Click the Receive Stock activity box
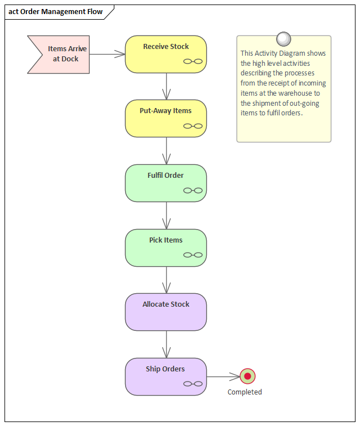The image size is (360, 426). pyautogui.click(x=166, y=54)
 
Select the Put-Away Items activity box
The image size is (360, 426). pyautogui.click(x=166, y=118)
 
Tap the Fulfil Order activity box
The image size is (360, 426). pyautogui.click(x=166, y=183)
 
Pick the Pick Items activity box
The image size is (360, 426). pyautogui.click(x=166, y=248)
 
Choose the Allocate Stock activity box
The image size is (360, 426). pyautogui.click(x=166, y=312)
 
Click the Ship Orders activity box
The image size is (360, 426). pyautogui.click(x=166, y=376)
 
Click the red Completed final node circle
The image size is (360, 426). pyautogui.click(x=247, y=376)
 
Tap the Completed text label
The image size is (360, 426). pyautogui.click(x=245, y=392)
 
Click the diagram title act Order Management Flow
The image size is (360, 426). pyautogui.click(x=56, y=12)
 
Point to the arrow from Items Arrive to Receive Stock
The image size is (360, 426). pyautogui.click(x=107, y=54)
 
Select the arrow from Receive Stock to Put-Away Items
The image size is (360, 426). pyautogui.click(x=166, y=86)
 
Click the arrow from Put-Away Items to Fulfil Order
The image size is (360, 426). pyautogui.click(x=166, y=151)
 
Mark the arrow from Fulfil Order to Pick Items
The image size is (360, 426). pyautogui.click(x=166, y=215)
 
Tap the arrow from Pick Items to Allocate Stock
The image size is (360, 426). pyautogui.click(x=166, y=280)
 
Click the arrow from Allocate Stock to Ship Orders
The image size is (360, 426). pyautogui.click(x=166, y=344)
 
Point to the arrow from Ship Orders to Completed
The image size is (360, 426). pyautogui.click(x=223, y=376)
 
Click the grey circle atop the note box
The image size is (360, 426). pyautogui.click(x=284, y=39)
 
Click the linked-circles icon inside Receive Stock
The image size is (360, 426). pyautogui.click(x=193, y=62)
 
